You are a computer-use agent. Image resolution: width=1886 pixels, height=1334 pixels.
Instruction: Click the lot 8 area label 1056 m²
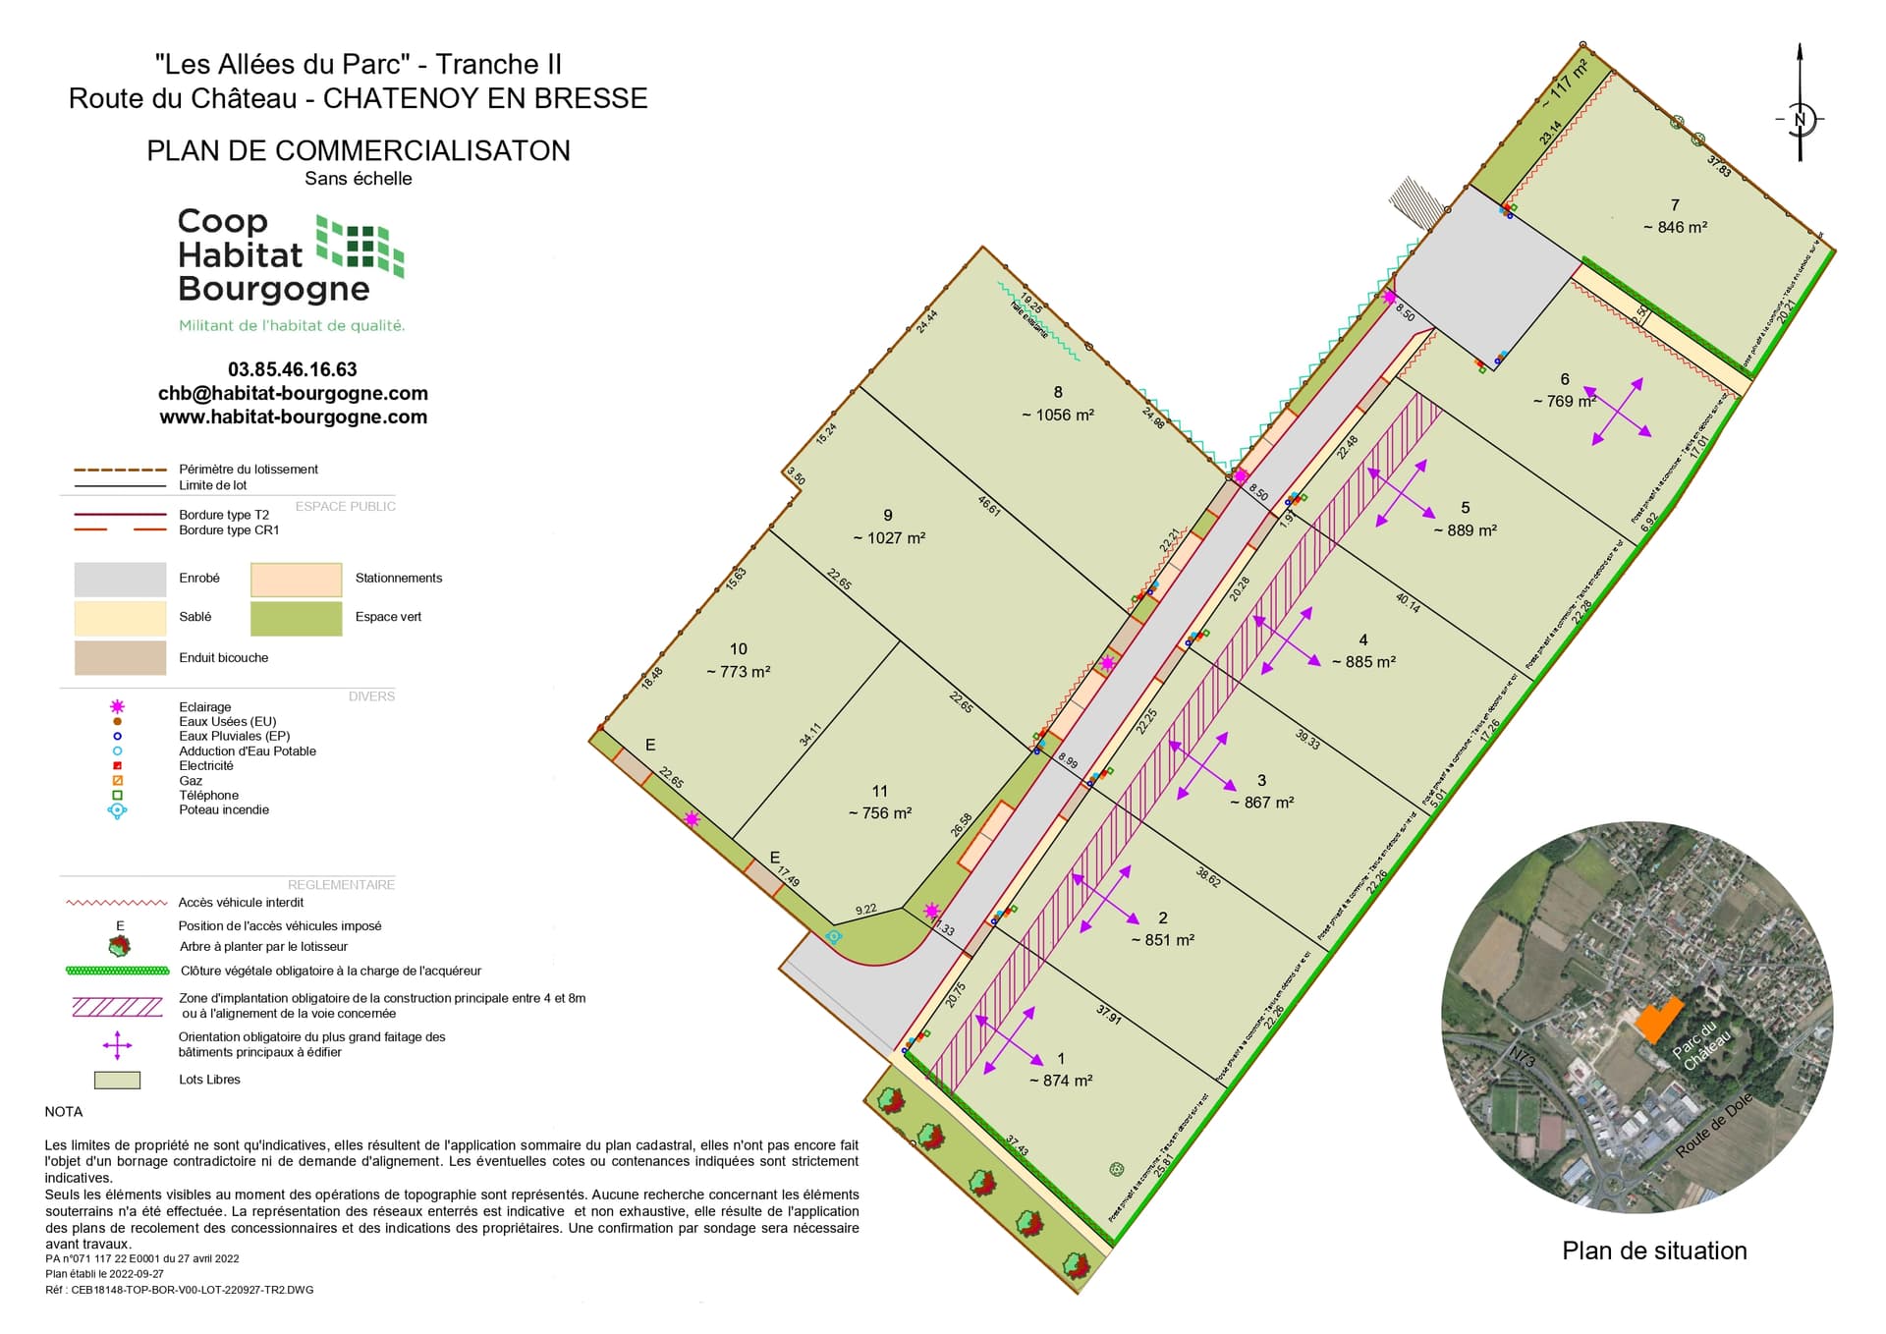point(1058,415)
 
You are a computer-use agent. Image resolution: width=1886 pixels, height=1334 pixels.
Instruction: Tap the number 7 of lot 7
point(1675,205)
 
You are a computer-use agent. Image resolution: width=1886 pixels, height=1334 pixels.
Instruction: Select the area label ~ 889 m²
point(1465,530)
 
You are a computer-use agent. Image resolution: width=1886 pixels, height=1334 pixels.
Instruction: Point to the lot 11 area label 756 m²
point(880,813)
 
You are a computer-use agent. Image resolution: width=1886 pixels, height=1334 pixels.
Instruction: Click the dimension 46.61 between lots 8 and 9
point(989,505)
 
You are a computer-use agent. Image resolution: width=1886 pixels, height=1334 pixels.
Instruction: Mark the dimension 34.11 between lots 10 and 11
point(810,735)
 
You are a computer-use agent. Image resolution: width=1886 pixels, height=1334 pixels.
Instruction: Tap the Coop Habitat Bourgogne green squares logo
point(360,246)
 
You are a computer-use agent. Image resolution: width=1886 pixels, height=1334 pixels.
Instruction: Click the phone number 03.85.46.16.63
point(293,369)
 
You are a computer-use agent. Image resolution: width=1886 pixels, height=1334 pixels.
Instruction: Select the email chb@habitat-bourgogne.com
point(293,393)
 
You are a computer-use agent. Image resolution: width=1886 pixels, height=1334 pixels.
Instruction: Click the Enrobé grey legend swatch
point(120,580)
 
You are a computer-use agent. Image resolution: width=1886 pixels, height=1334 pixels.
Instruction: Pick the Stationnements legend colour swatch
point(296,580)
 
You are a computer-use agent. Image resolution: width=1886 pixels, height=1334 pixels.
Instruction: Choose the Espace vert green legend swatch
point(296,619)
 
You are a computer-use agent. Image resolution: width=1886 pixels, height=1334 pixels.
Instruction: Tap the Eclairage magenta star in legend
point(118,706)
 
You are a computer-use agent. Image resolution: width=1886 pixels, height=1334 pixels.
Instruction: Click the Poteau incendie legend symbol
point(118,810)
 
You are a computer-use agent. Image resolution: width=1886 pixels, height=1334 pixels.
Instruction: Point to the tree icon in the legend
point(119,946)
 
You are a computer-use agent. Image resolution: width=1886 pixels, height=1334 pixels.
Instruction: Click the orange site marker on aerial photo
point(1657,1019)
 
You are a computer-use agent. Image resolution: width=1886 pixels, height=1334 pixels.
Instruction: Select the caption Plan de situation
point(1654,1251)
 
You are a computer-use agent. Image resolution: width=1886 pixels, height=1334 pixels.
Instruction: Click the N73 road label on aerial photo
point(1522,1057)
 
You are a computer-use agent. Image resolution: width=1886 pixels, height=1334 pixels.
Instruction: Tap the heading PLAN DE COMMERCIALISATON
point(359,150)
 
